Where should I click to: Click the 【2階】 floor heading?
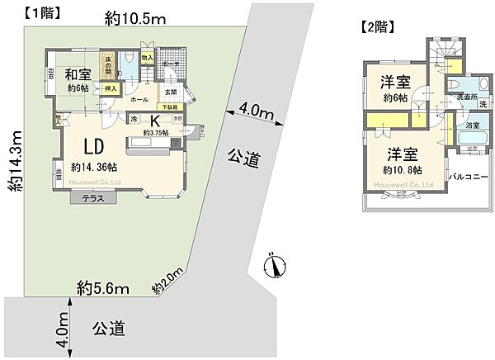point(379,26)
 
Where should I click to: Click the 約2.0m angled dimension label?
point(167,284)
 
